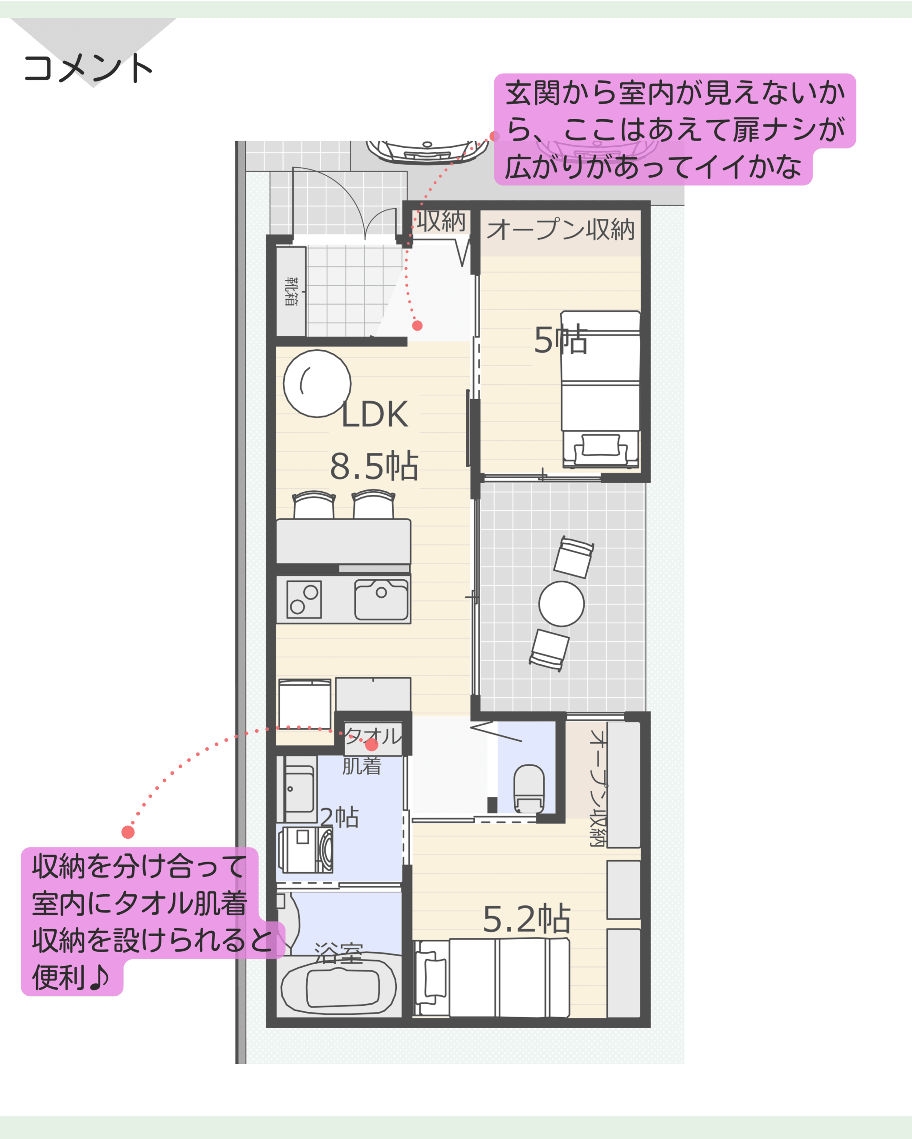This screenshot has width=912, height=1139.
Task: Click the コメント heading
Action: (88, 68)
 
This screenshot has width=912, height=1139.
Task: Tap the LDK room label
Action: (375, 415)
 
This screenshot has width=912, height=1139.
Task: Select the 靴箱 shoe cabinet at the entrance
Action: (291, 291)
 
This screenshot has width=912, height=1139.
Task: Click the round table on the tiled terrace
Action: (562, 604)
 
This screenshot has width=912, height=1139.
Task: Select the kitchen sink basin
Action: (381, 600)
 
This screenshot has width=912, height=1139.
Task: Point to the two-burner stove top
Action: (304, 600)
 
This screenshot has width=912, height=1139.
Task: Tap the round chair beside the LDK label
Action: (317, 384)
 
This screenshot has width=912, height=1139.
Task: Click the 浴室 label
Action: (338, 953)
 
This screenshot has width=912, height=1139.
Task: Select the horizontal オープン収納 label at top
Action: (560, 230)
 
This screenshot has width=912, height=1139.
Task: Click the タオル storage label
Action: (373, 736)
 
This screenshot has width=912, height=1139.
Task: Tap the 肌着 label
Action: (362, 766)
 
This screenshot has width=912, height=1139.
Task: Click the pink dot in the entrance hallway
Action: (417, 325)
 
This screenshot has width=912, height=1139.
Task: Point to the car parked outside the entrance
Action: (427, 152)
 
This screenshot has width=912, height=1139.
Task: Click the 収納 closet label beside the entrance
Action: (441, 220)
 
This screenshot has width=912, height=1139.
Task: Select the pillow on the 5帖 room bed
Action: (601, 445)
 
